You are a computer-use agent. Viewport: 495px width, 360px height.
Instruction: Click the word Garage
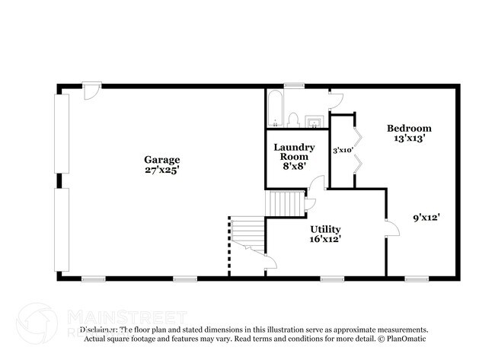point(162,160)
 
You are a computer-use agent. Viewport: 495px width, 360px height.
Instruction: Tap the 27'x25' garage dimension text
point(162,170)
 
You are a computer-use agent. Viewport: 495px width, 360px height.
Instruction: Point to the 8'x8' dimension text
point(289,165)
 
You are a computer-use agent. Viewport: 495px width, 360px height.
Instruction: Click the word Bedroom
point(409,128)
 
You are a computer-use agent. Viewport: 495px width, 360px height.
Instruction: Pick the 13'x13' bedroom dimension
point(409,139)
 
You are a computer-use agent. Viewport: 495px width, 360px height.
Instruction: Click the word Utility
point(325,229)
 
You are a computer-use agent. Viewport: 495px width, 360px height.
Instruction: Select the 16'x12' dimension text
point(325,240)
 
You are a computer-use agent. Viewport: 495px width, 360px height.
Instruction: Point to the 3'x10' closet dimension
point(341,151)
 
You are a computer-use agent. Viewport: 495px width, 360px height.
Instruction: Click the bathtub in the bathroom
point(275,109)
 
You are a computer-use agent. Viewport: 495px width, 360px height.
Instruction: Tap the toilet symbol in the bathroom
point(292,119)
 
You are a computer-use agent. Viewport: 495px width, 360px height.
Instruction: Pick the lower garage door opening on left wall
point(62,231)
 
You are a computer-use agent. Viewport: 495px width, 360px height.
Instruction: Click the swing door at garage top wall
point(91,91)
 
